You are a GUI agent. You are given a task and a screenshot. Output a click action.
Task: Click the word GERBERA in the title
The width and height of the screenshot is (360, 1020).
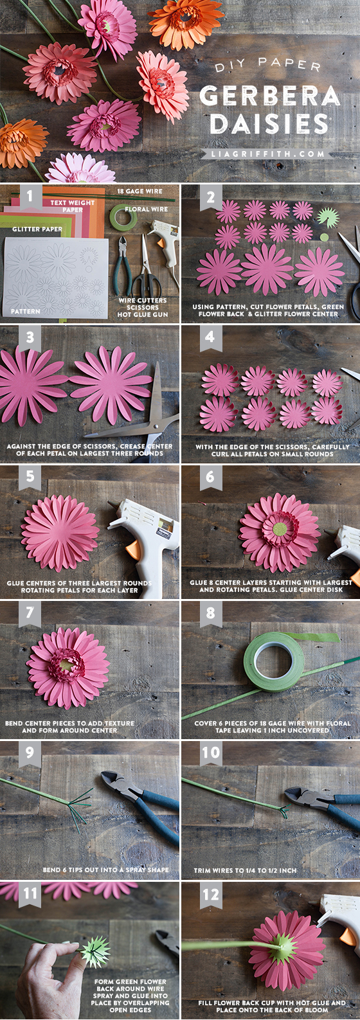coord(269,96)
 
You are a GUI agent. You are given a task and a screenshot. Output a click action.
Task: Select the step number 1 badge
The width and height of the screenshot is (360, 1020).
coord(30,195)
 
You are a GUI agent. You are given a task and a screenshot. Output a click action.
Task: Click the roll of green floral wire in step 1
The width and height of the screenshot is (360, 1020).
coord(122,217)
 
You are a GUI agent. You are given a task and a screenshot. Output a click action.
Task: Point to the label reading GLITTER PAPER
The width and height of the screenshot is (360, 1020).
coord(37,229)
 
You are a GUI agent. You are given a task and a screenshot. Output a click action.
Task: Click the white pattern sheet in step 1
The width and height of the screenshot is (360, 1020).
coord(55,276)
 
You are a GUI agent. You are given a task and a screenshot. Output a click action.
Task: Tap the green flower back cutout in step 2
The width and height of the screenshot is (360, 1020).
coord(327,218)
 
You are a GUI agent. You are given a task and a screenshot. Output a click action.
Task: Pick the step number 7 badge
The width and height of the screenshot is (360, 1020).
coord(30,613)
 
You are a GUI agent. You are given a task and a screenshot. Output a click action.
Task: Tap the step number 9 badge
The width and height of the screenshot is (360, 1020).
coord(30,753)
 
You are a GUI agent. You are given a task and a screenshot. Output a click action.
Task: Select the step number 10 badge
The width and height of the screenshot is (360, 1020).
coord(210,753)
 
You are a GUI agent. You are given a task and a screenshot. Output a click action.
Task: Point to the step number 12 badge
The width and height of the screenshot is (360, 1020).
coord(210,894)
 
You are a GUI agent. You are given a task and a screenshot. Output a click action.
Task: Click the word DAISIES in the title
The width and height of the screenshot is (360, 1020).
coord(269,123)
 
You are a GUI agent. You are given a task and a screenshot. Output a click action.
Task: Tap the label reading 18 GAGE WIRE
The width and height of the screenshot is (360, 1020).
coord(139,192)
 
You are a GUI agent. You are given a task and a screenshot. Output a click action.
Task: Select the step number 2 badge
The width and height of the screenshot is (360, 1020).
coord(210,197)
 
